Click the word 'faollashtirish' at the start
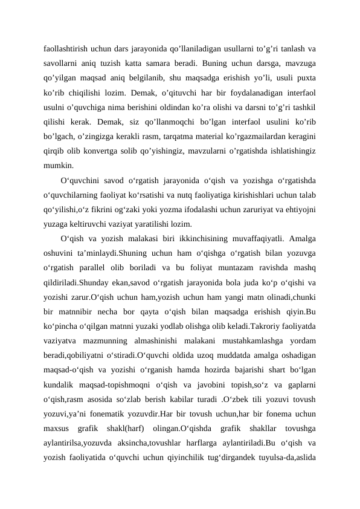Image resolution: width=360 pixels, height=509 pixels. [x=66, y=48]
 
